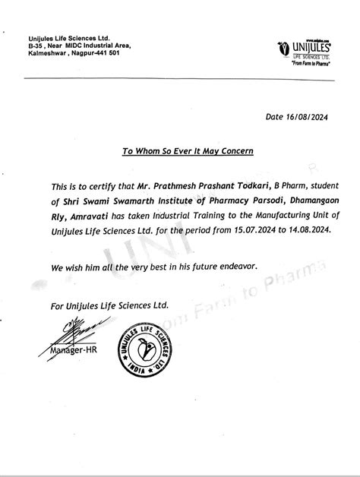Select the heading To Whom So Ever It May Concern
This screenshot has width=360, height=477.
[x=188, y=151]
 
